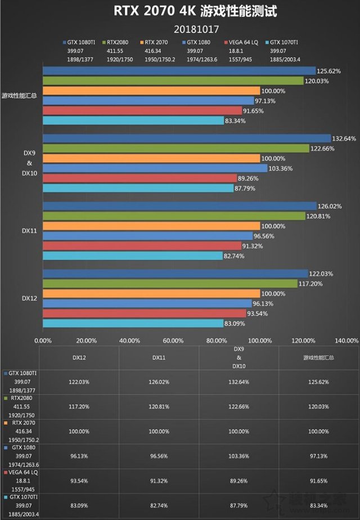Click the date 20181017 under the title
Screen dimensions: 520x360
pos(180,28)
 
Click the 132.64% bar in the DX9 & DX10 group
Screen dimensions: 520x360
pos(186,138)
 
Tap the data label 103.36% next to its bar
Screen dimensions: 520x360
pos(282,168)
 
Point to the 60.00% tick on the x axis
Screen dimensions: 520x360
pos(173,340)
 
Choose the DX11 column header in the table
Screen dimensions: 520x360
pos(159,357)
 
